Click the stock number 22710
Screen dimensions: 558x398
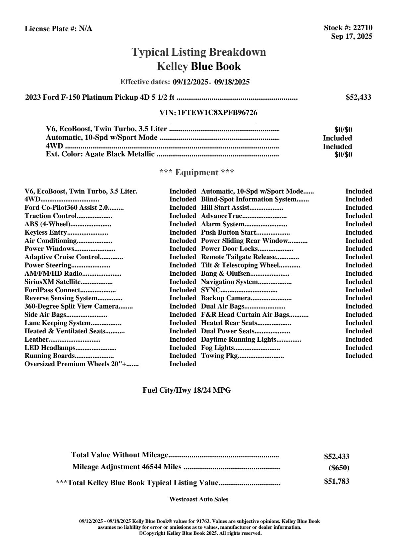363,28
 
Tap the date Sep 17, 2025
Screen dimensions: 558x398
352,36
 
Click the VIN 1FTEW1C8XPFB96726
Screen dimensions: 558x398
217,113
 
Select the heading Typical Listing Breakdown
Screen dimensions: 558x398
199,52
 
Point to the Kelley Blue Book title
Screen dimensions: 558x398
199,66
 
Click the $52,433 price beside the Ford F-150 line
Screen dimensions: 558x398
358,97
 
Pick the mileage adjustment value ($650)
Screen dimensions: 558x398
339,468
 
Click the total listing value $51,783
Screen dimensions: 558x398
336,481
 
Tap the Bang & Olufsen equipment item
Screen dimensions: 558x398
226,274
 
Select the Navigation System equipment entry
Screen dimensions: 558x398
229,282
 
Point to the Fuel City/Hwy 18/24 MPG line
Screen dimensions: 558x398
187,390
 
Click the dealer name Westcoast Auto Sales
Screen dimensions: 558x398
199,499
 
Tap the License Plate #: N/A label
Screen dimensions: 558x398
58,29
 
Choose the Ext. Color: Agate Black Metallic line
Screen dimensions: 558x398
100,154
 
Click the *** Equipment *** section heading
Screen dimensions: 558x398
197,173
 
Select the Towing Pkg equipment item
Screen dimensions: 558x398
219,356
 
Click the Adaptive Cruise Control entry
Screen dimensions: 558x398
62,257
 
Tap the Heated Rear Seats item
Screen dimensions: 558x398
229,323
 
